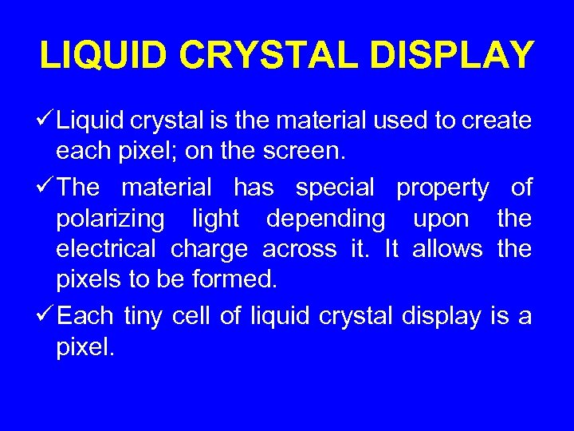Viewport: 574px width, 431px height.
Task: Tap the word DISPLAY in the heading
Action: [450, 56]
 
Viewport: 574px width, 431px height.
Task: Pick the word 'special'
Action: [335, 188]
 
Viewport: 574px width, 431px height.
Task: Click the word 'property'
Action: [442, 188]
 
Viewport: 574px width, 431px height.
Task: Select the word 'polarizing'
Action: [111, 219]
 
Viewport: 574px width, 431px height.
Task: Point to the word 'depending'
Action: [325, 219]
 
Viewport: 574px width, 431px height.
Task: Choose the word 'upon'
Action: [441, 219]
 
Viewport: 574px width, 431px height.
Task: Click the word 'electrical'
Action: [106, 249]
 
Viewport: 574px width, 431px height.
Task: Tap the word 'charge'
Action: [209, 249]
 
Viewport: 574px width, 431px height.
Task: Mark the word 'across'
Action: [300, 249]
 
